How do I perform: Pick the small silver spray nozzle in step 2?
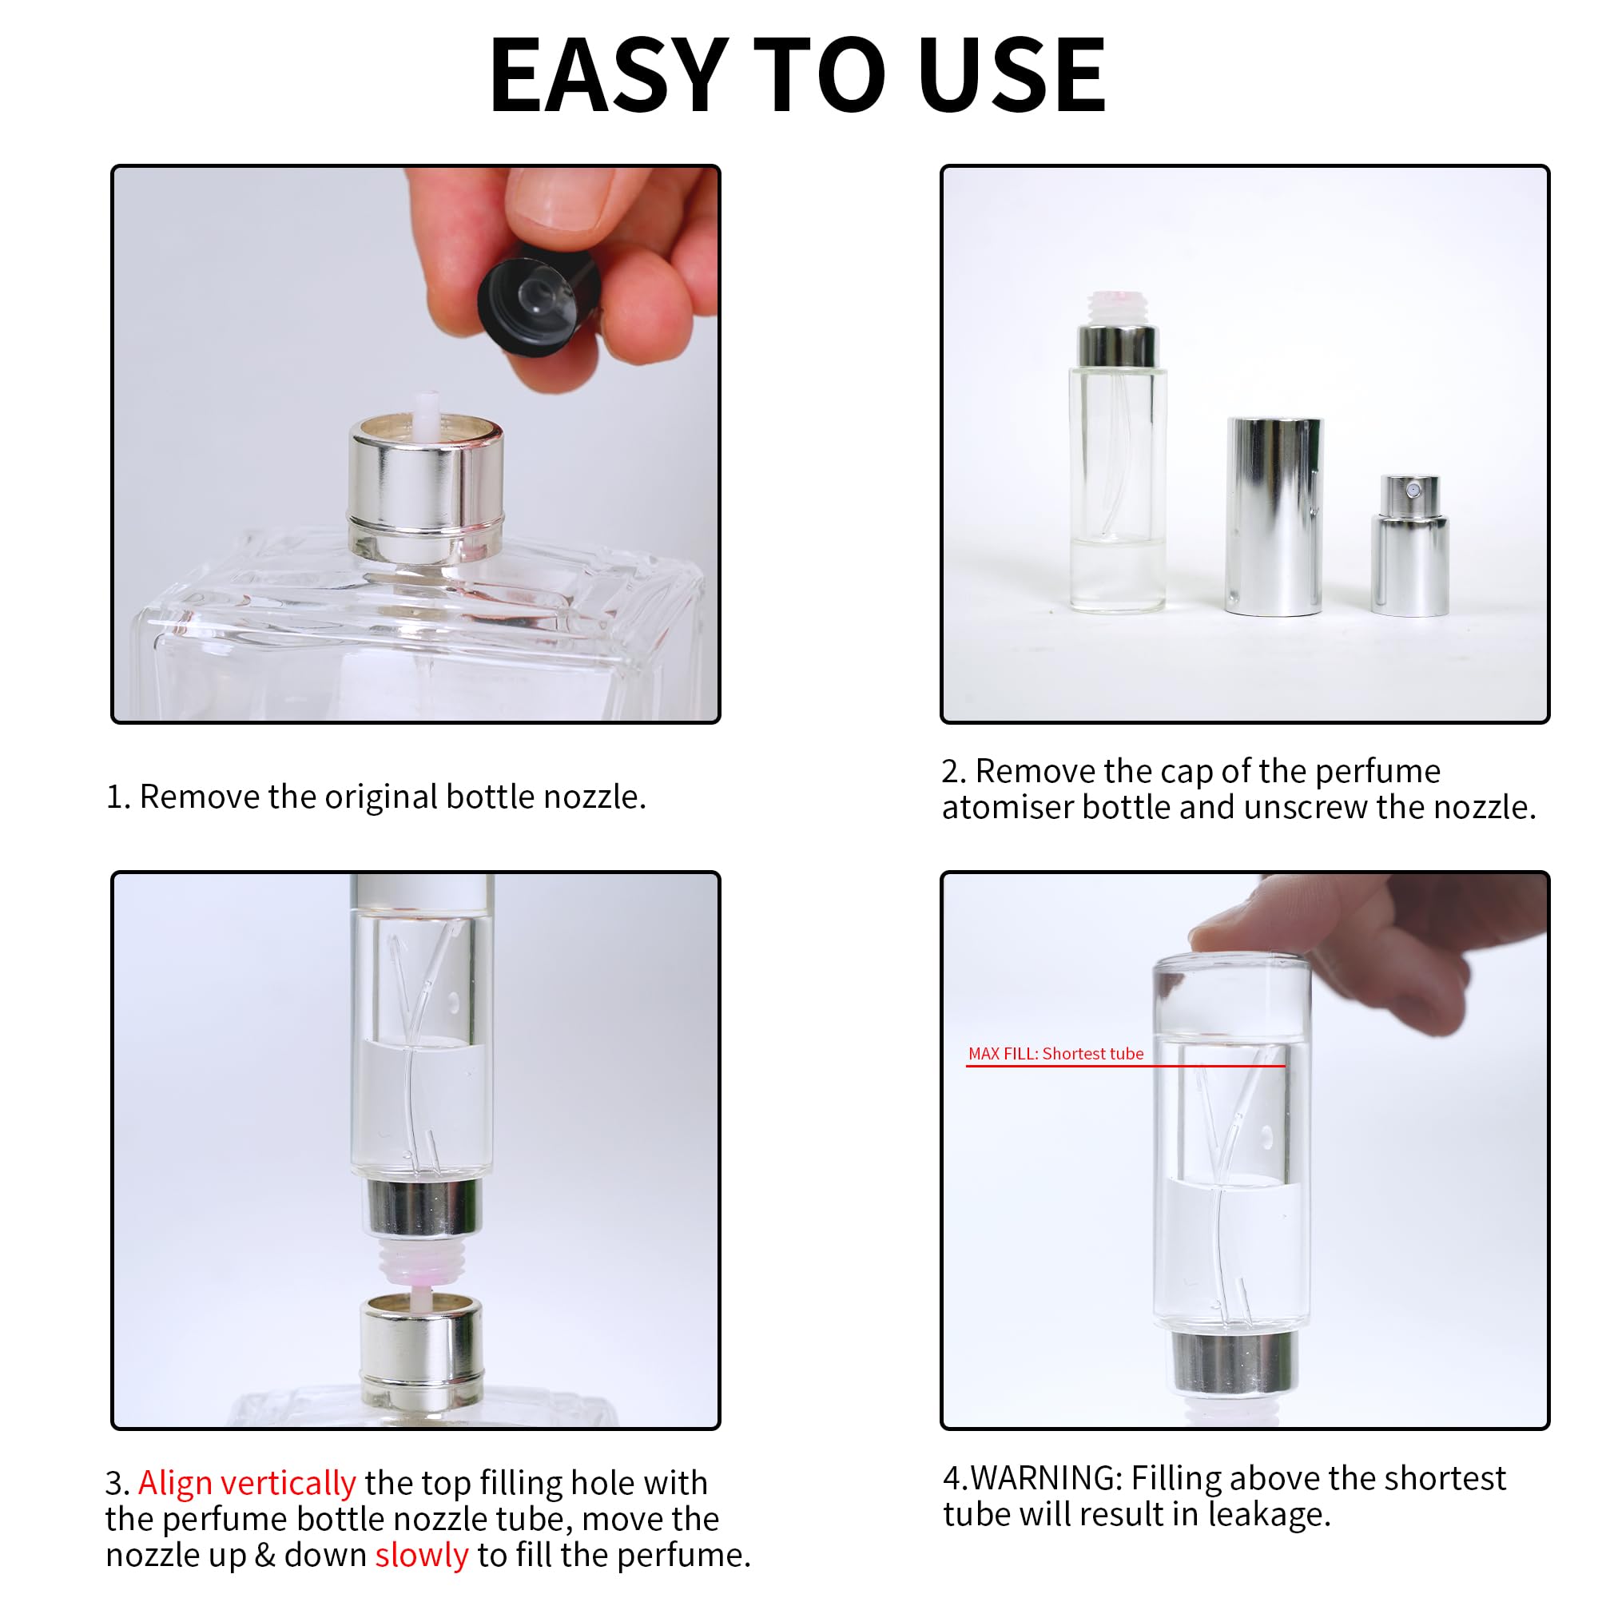coord(1409,546)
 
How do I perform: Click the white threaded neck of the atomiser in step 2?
coord(1117,308)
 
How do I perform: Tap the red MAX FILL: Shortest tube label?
coord(1055,1054)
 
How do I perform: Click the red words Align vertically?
coord(246,1483)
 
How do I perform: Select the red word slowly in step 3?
coord(421,1555)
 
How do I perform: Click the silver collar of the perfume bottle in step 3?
coord(422,1340)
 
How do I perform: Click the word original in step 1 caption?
coord(380,797)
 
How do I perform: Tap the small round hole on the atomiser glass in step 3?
coord(453,1004)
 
